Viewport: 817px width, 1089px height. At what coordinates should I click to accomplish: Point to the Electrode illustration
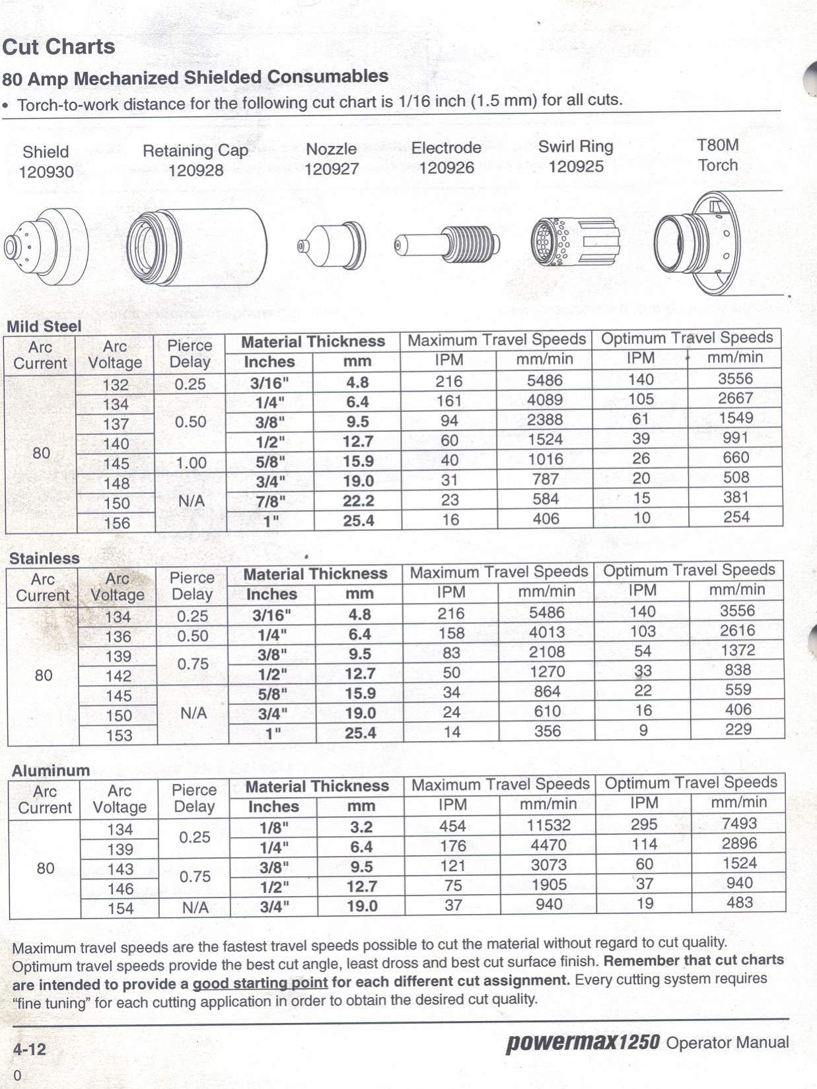pos(447,244)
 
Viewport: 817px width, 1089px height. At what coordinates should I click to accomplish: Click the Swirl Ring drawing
pos(575,242)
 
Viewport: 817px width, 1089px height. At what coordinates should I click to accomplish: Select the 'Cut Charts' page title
pos(59,47)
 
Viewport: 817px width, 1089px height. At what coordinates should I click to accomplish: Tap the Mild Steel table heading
pos(44,326)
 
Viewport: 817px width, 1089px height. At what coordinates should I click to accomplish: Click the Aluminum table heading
pos(51,771)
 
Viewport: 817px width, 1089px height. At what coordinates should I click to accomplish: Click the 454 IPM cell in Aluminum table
pos(452,826)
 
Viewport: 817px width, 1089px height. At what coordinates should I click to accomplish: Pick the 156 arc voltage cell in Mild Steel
pos(116,523)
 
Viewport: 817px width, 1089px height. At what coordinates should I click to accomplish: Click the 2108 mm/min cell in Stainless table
pos(547,652)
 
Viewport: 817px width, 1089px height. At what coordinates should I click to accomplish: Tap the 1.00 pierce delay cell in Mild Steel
pos(191,463)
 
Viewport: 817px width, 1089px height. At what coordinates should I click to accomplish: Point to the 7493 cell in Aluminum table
pos(739,824)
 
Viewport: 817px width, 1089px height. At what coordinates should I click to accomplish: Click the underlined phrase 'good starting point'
pos(260,983)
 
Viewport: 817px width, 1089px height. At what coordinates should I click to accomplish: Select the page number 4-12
pos(29,1049)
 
